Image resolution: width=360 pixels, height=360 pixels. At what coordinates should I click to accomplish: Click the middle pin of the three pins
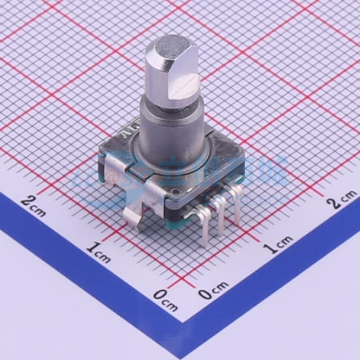pos(220,217)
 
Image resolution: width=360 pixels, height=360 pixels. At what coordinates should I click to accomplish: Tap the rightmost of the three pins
pos(236,208)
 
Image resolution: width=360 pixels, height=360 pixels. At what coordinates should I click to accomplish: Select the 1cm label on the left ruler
pos(98,252)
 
